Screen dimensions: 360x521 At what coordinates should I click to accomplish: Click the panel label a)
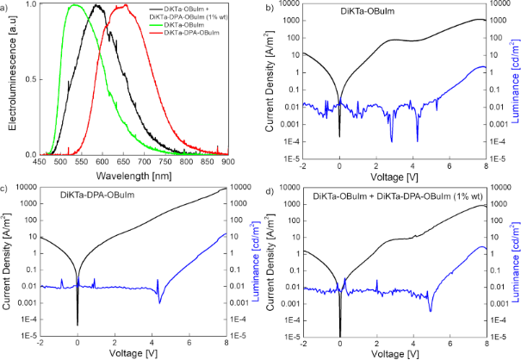coord(7,7)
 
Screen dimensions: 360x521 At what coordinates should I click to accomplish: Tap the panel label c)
coord(6,188)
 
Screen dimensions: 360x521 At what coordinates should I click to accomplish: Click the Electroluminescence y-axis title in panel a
coord(11,81)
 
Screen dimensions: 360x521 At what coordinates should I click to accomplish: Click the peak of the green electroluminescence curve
coord(75,5)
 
